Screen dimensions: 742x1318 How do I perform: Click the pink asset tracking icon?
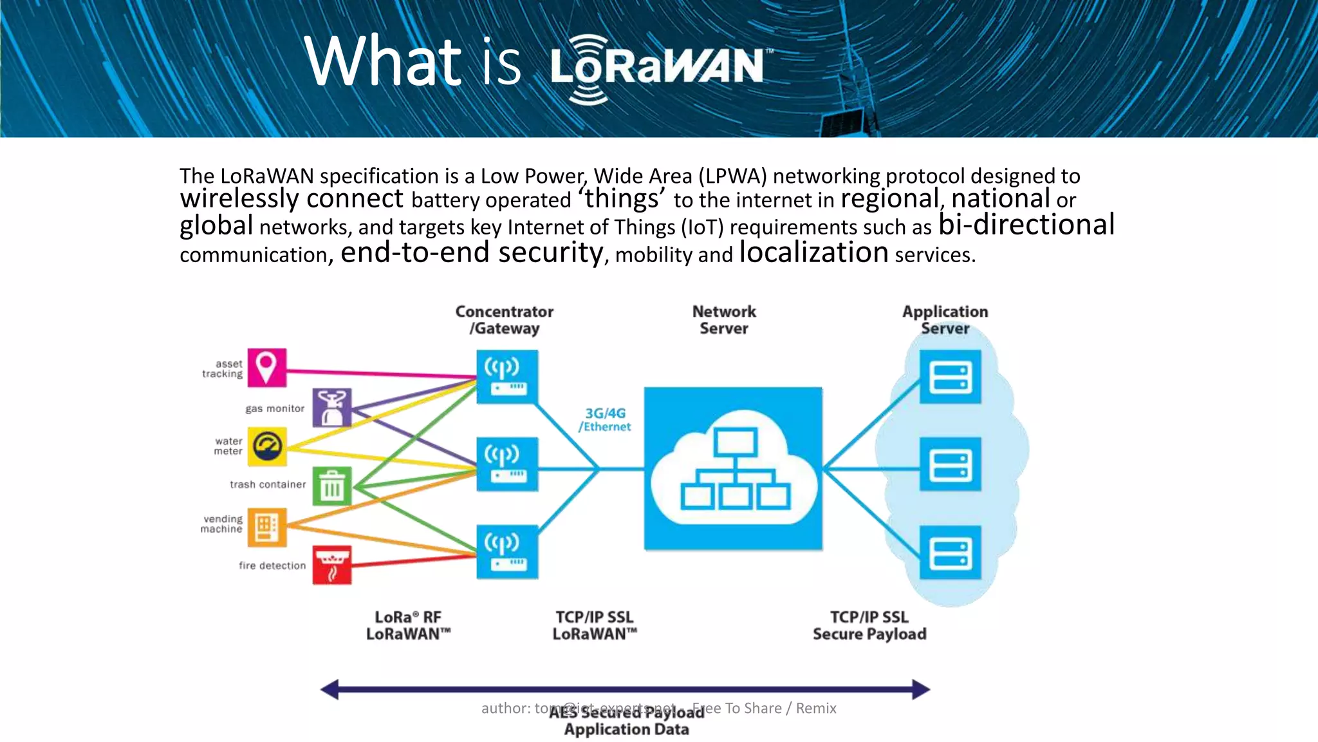[x=266, y=368]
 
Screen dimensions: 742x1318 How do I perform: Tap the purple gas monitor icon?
[x=332, y=407]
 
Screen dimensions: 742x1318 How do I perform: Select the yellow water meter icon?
[x=267, y=446]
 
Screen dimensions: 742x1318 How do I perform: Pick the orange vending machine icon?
[x=267, y=527]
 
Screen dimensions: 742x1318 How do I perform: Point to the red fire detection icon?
[x=332, y=565]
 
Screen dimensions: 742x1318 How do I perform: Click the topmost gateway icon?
[x=507, y=377]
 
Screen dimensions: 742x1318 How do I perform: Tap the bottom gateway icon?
[x=507, y=552]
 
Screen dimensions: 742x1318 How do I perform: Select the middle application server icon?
[x=950, y=464]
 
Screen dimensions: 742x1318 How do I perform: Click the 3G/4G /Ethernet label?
[x=605, y=419]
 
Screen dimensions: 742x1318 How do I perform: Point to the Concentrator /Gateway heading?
[x=505, y=320]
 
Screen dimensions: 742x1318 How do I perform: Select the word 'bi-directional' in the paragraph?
[x=1026, y=225]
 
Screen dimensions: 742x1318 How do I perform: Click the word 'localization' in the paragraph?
[x=813, y=252]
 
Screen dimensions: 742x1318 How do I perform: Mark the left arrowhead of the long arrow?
[x=329, y=689]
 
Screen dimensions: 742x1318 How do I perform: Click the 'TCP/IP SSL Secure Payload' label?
[x=869, y=625]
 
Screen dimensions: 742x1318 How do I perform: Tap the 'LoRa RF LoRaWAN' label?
[x=408, y=625]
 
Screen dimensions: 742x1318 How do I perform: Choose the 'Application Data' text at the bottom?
[x=626, y=729]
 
